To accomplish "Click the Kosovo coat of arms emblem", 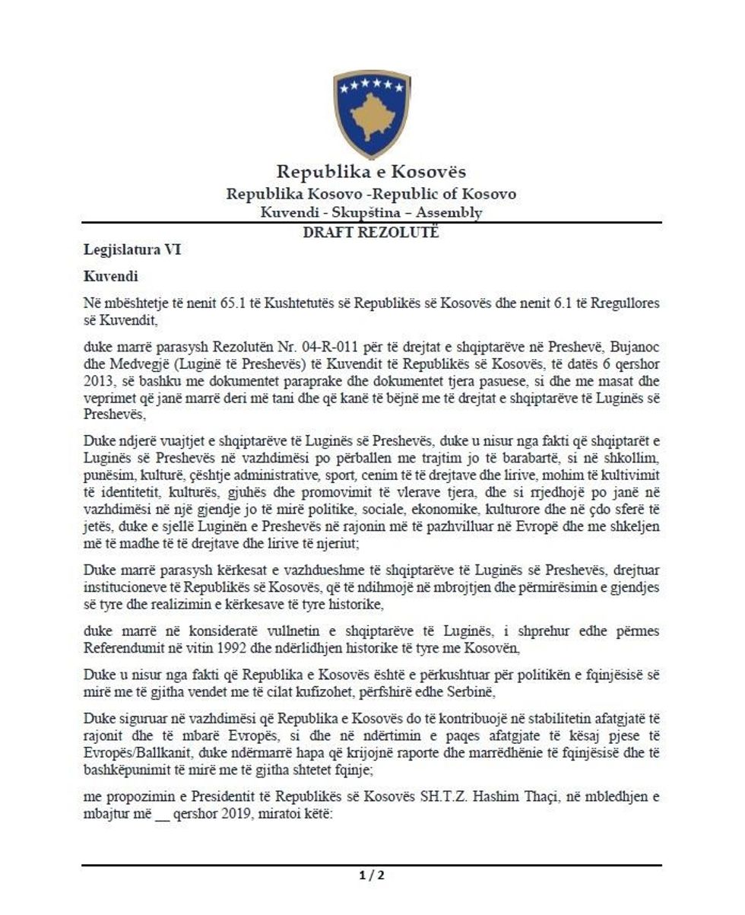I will coord(372,113).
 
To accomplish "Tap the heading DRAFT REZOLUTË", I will coord(371,233).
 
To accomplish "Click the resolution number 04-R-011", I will coord(328,346).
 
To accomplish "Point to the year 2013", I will coord(98,380).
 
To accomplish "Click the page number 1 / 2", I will coord(372,875).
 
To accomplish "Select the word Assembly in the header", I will coord(449,213).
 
